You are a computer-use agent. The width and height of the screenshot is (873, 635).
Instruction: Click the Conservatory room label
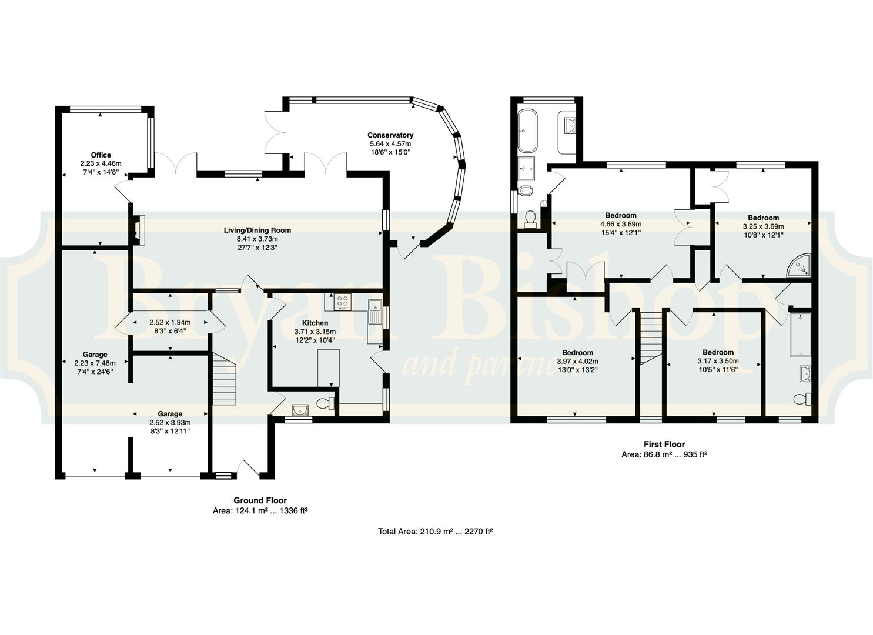(390, 135)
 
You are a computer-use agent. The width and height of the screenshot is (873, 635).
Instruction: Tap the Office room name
(101, 155)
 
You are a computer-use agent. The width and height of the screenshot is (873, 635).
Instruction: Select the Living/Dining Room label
(257, 230)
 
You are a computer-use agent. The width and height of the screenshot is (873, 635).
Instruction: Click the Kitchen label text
(315, 323)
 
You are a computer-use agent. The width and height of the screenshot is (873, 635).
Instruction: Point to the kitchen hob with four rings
(343, 302)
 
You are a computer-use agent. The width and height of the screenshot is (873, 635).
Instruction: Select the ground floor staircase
(224, 379)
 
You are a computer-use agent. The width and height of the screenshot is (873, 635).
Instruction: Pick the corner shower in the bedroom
(798, 266)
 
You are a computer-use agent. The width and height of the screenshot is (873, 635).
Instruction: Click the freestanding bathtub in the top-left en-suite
(528, 131)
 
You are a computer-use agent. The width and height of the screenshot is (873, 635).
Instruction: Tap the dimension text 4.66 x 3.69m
(620, 224)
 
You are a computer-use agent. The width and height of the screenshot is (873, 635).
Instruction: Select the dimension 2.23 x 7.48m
(95, 363)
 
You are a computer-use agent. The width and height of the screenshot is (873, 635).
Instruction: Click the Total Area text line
(436, 532)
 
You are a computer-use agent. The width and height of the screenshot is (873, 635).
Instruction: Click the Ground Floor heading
(260, 500)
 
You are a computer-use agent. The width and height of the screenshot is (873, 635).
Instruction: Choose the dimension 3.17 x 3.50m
(718, 361)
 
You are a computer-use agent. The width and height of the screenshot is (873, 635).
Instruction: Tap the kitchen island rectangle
(329, 368)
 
